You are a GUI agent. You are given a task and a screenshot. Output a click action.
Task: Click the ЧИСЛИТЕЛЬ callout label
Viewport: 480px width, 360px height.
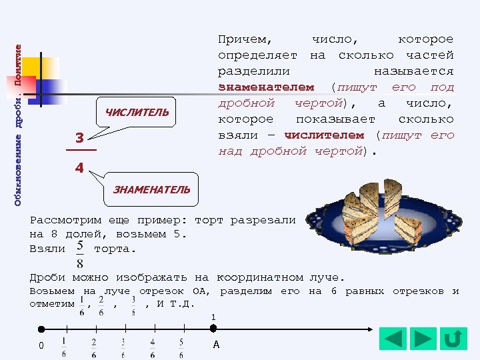click(137, 113)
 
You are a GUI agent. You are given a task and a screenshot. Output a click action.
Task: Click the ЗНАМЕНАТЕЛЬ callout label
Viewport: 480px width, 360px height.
click(151, 189)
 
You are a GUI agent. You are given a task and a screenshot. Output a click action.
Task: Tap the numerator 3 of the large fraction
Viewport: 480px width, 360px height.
click(79, 139)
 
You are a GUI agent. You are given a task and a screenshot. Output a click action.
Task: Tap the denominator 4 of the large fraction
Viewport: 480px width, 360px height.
click(79, 168)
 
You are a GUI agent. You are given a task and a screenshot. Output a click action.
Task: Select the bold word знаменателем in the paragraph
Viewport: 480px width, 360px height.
click(266, 87)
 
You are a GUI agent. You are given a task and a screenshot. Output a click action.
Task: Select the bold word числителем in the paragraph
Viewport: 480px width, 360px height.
click(325, 135)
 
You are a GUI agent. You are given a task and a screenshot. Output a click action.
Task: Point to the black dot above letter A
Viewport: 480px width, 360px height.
click(213, 329)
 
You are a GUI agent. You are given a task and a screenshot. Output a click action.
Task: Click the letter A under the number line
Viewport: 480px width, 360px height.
click(216, 345)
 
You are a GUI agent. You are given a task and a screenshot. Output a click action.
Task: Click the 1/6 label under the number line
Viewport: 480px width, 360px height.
click(64, 347)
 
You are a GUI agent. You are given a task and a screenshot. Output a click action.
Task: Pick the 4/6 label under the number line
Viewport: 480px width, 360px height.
click(153, 347)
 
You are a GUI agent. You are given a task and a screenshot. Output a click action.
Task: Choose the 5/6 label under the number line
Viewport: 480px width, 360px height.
click(181, 347)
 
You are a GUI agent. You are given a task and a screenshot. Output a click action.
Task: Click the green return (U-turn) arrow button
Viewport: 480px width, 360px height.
click(453, 339)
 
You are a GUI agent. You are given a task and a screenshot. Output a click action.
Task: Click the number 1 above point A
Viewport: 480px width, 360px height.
click(213, 317)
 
